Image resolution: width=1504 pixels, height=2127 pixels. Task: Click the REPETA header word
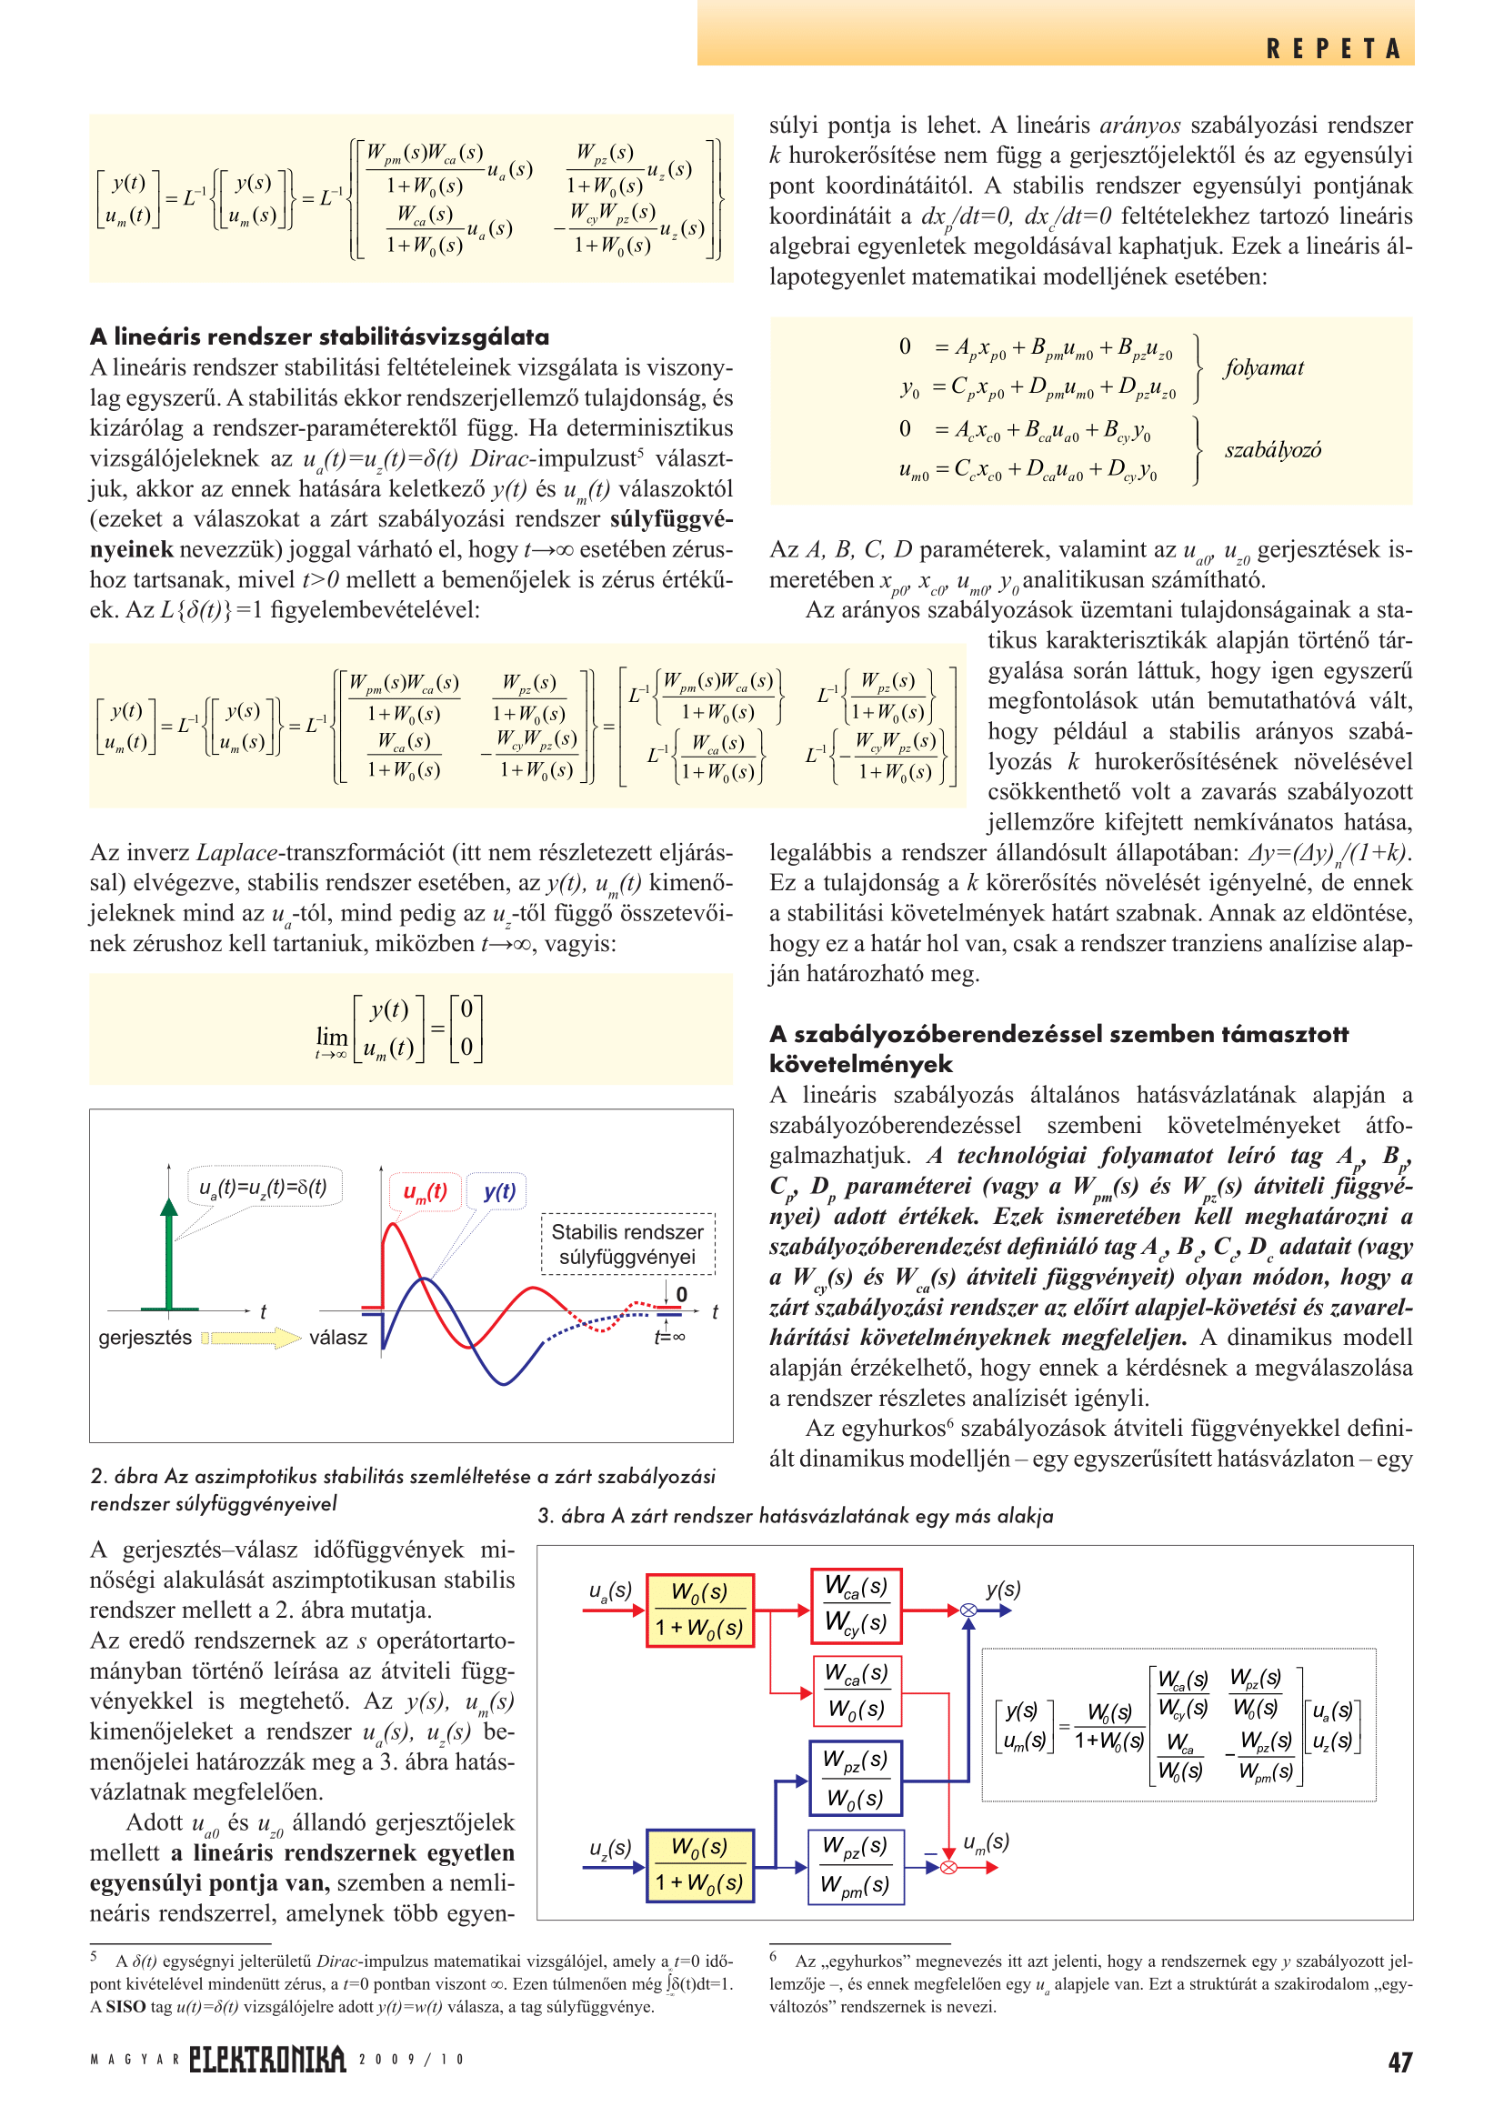[1333, 48]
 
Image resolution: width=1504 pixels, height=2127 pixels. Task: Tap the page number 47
[1399, 2062]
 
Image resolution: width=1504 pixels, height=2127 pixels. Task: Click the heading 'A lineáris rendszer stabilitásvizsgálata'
[319, 336]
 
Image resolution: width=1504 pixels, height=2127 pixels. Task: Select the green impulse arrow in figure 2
[168, 1251]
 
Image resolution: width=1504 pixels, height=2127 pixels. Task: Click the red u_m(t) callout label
[425, 1191]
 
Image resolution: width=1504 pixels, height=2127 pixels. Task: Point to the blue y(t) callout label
[499, 1191]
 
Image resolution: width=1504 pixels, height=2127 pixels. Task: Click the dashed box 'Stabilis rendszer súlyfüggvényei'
[627, 1244]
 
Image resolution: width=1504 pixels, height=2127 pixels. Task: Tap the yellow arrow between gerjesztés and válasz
[250, 1337]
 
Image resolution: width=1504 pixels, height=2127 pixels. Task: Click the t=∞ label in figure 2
[668, 1336]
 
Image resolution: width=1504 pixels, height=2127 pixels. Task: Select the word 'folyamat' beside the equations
[1263, 367]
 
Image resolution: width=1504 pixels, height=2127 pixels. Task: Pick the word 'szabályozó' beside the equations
[1272, 450]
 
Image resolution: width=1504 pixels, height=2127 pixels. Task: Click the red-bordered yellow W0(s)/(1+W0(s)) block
[699, 1610]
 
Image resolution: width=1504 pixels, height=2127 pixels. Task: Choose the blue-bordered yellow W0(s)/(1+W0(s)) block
[699, 1866]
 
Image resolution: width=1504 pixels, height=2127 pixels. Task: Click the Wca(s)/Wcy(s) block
[856, 1605]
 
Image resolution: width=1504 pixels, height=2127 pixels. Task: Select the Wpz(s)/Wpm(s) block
[854, 1866]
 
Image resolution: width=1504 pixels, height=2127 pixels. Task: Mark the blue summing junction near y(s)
[968, 1610]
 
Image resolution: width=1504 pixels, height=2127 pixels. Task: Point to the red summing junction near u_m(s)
[948, 1867]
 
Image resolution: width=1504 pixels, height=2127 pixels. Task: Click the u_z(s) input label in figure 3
[610, 1848]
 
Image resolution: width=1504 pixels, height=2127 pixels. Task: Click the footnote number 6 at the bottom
[773, 1956]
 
